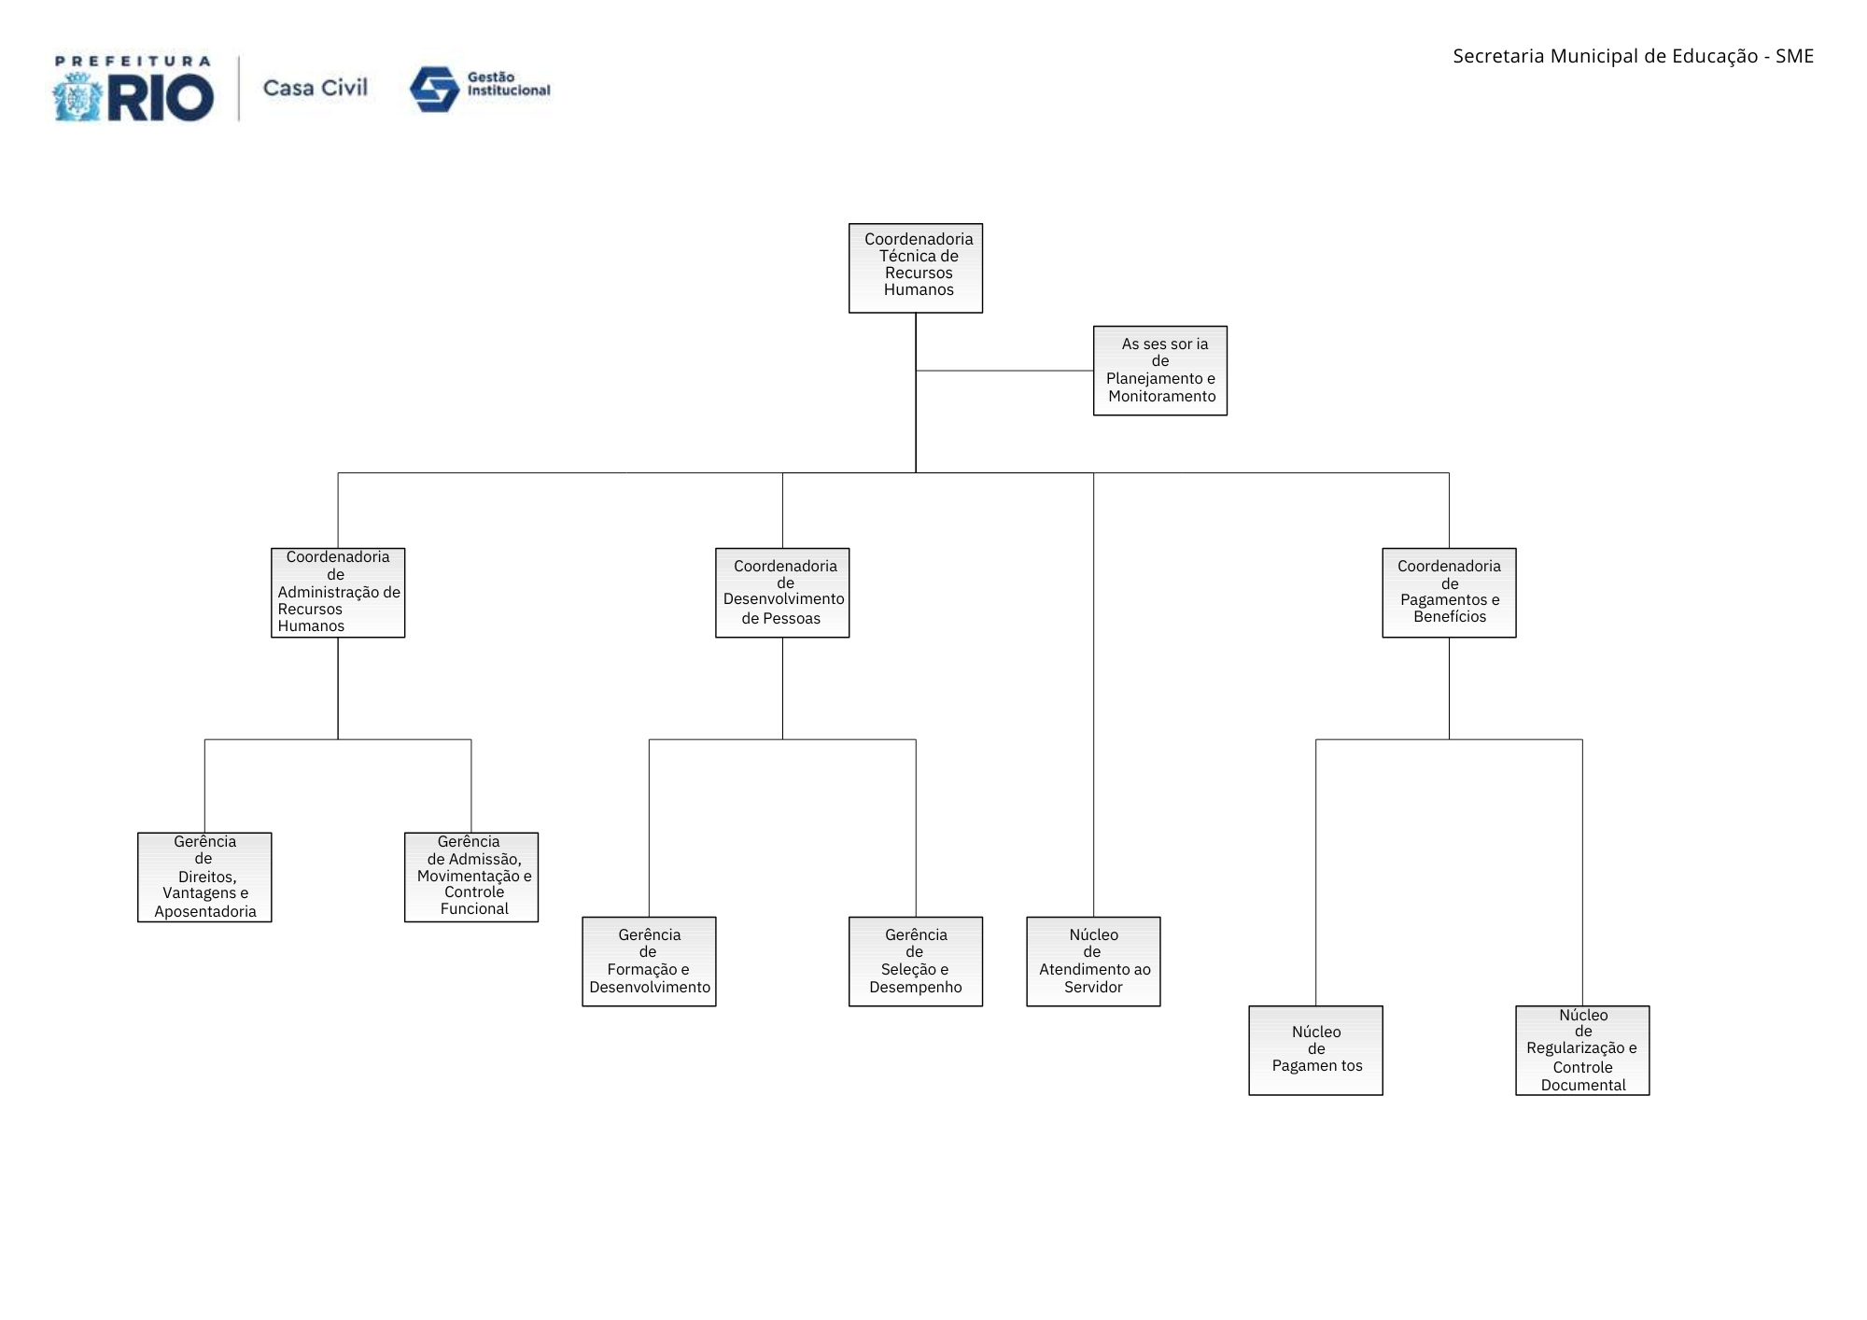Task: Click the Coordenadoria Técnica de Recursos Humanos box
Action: (x=916, y=268)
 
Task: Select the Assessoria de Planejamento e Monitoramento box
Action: (x=1160, y=371)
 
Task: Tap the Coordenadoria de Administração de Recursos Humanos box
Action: (x=338, y=593)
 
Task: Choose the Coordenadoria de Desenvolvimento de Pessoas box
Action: (x=782, y=593)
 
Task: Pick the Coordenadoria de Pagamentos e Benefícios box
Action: (x=1449, y=593)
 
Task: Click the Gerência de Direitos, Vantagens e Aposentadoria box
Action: (x=204, y=878)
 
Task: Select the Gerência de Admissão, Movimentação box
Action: (x=471, y=878)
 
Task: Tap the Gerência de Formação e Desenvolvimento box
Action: (x=649, y=962)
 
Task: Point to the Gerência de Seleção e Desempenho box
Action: (x=916, y=962)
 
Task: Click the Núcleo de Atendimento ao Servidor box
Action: (x=1093, y=962)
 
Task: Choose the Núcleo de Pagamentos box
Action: (x=1315, y=1050)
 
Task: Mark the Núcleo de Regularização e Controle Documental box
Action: (x=1582, y=1050)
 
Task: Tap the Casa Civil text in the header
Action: (x=316, y=88)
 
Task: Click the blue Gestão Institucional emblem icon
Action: (x=434, y=90)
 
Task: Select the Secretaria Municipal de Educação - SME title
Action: (x=1633, y=56)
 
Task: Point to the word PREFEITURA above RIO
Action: (x=133, y=62)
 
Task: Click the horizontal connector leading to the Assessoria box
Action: (x=1004, y=371)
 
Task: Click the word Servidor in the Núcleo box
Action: (x=1093, y=987)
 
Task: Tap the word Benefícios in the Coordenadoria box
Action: (x=1450, y=616)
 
